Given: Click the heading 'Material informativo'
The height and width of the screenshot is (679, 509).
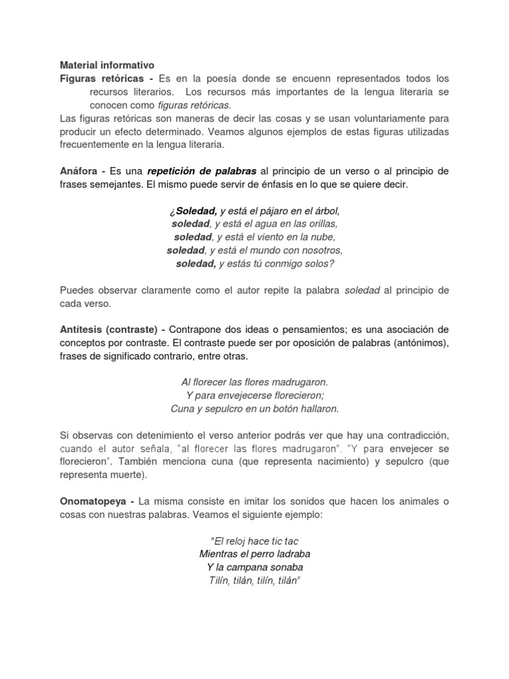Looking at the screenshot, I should [x=107, y=65].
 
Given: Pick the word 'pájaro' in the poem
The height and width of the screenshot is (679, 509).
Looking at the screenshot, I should [x=267, y=211].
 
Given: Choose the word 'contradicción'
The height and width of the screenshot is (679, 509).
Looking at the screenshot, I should [x=415, y=435].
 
